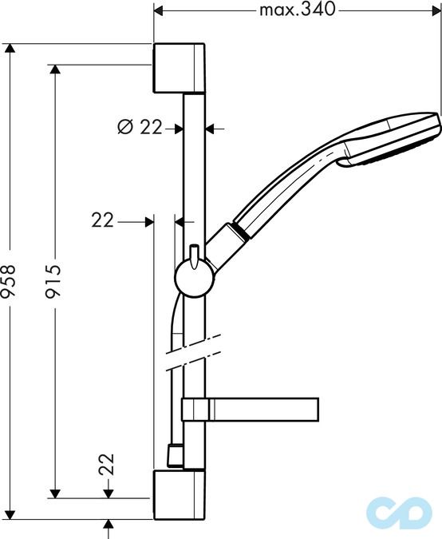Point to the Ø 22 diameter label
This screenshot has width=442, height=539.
click(x=140, y=126)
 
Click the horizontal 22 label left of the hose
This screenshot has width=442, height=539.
click(x=103, y=220)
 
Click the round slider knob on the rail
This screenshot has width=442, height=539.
click(x=191, y=278)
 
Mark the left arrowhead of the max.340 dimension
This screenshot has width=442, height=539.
click(x=159, y=10)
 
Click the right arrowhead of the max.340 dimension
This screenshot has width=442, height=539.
click(x=436, y=10)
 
